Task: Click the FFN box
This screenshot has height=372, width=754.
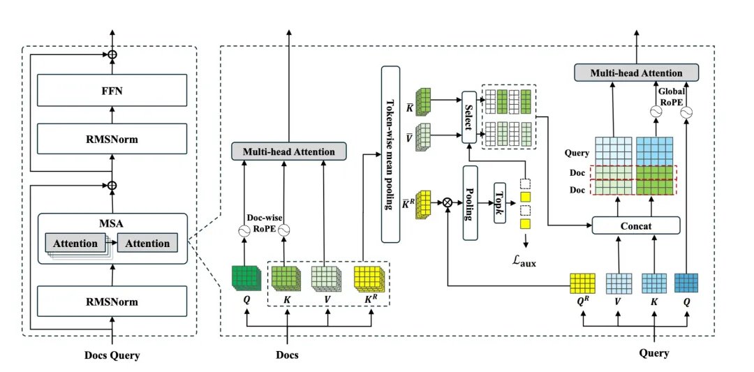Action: (112, 90)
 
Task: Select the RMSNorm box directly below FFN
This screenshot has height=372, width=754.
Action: (112, 139)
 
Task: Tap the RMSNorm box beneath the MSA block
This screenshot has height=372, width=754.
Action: (112, 302)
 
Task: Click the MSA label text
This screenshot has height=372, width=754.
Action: (112, 224)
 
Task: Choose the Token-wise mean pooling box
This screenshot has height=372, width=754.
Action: (390, 154)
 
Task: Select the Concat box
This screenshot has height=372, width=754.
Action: (635, 225)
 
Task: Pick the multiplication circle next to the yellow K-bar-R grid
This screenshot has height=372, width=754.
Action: (447, 202)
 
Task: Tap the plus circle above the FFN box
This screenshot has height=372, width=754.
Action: (112, 54)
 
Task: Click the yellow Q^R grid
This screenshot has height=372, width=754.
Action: (582, 283)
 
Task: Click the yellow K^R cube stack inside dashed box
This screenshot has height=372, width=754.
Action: (367, 280)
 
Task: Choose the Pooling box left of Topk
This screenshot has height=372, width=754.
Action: (469, 202)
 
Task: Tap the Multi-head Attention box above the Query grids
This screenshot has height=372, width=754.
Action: (636, 73)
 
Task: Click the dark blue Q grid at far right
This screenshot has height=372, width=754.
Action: (687, 283)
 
